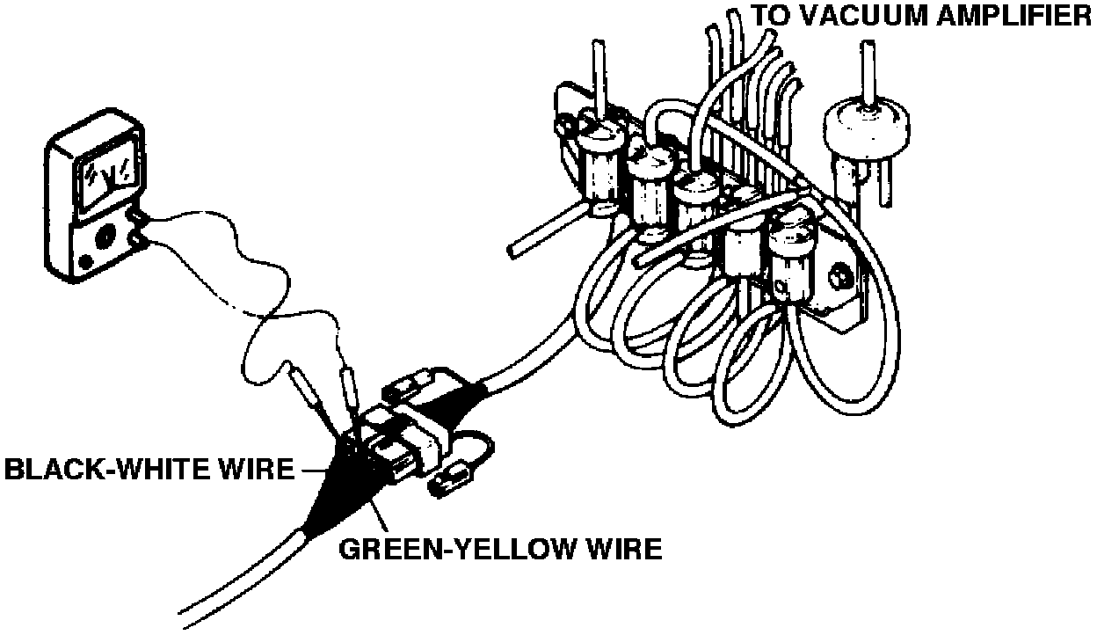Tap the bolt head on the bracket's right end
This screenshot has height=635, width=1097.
coord(839,278)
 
